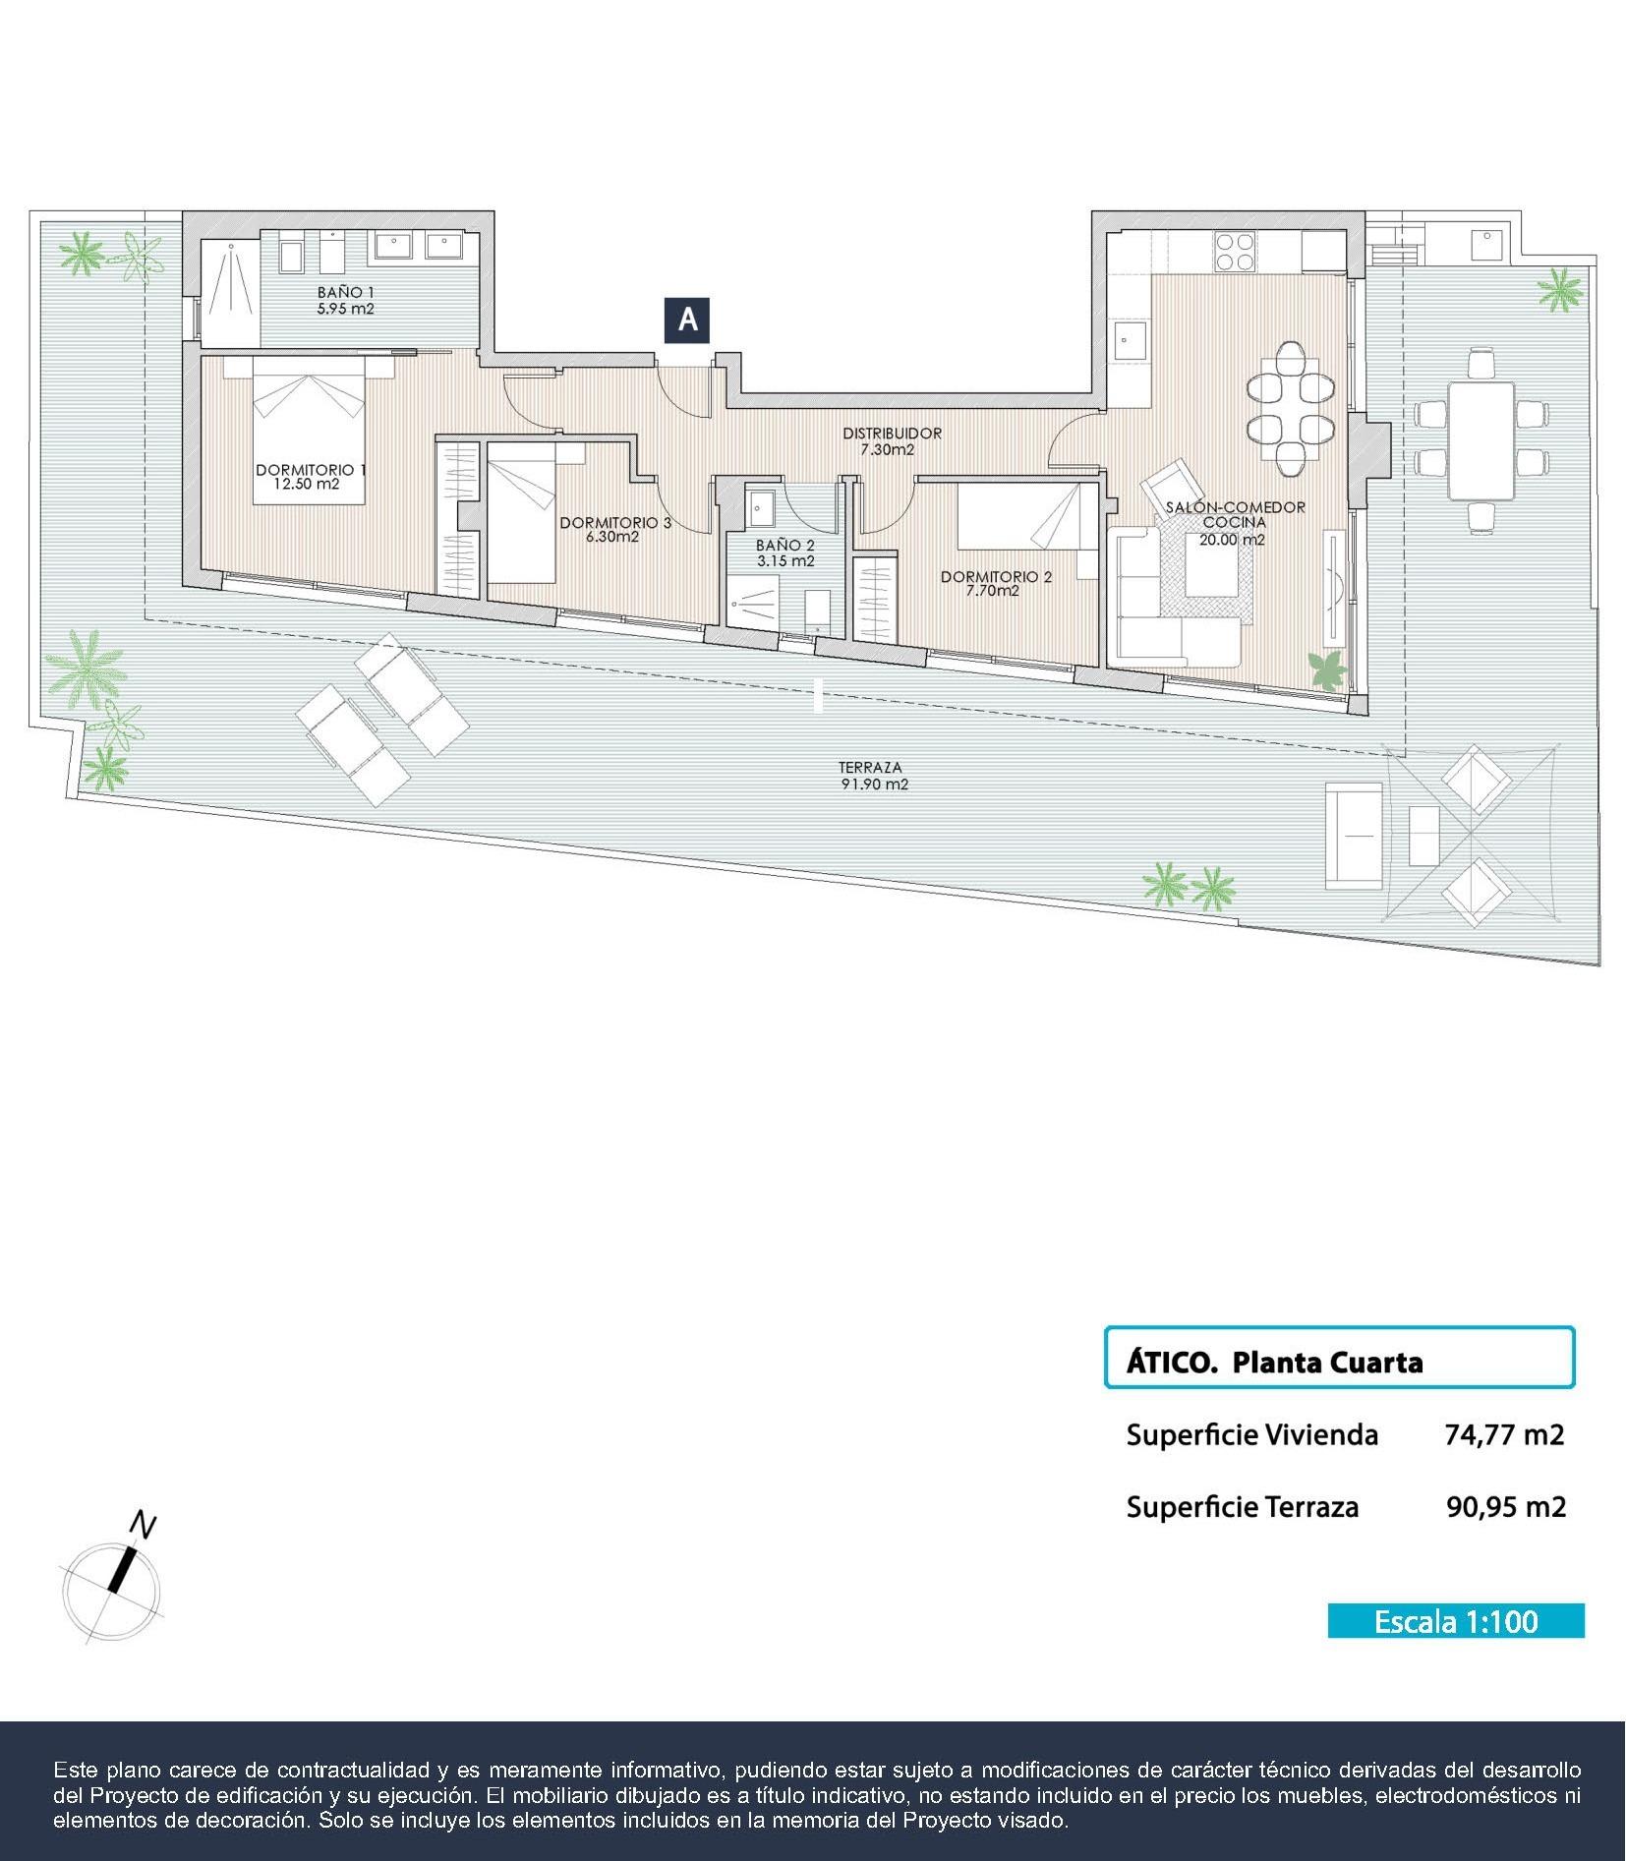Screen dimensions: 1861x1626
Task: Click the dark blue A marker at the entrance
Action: point(687,320)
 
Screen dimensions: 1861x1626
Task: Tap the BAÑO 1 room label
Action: point(345,293)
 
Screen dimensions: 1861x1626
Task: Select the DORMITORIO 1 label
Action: point(311,471)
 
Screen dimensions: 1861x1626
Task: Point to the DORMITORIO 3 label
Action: point(614,523)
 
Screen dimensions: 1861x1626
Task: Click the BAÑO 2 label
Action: point(784,545)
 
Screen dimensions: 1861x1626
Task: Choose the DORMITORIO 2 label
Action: point(995,577)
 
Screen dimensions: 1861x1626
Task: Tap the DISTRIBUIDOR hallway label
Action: point(892,434)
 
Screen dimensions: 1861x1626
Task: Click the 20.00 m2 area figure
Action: point(1232,540)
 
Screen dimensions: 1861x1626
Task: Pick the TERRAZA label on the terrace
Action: point(870,768)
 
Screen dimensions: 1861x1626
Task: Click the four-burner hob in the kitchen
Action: point(1235,251)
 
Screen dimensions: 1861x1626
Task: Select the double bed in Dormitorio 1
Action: point(309,430)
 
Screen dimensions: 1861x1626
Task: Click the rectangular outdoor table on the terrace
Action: point(1481,439)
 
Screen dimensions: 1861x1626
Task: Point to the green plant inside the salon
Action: point(1329,670)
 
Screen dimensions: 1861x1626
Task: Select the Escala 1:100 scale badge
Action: point(1455,1620)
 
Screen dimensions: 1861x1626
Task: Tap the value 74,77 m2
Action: point(1503,1434)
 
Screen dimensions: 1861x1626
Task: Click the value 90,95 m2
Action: point(1505,1506)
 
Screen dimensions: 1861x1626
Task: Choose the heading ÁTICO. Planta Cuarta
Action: point(1274,1363)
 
